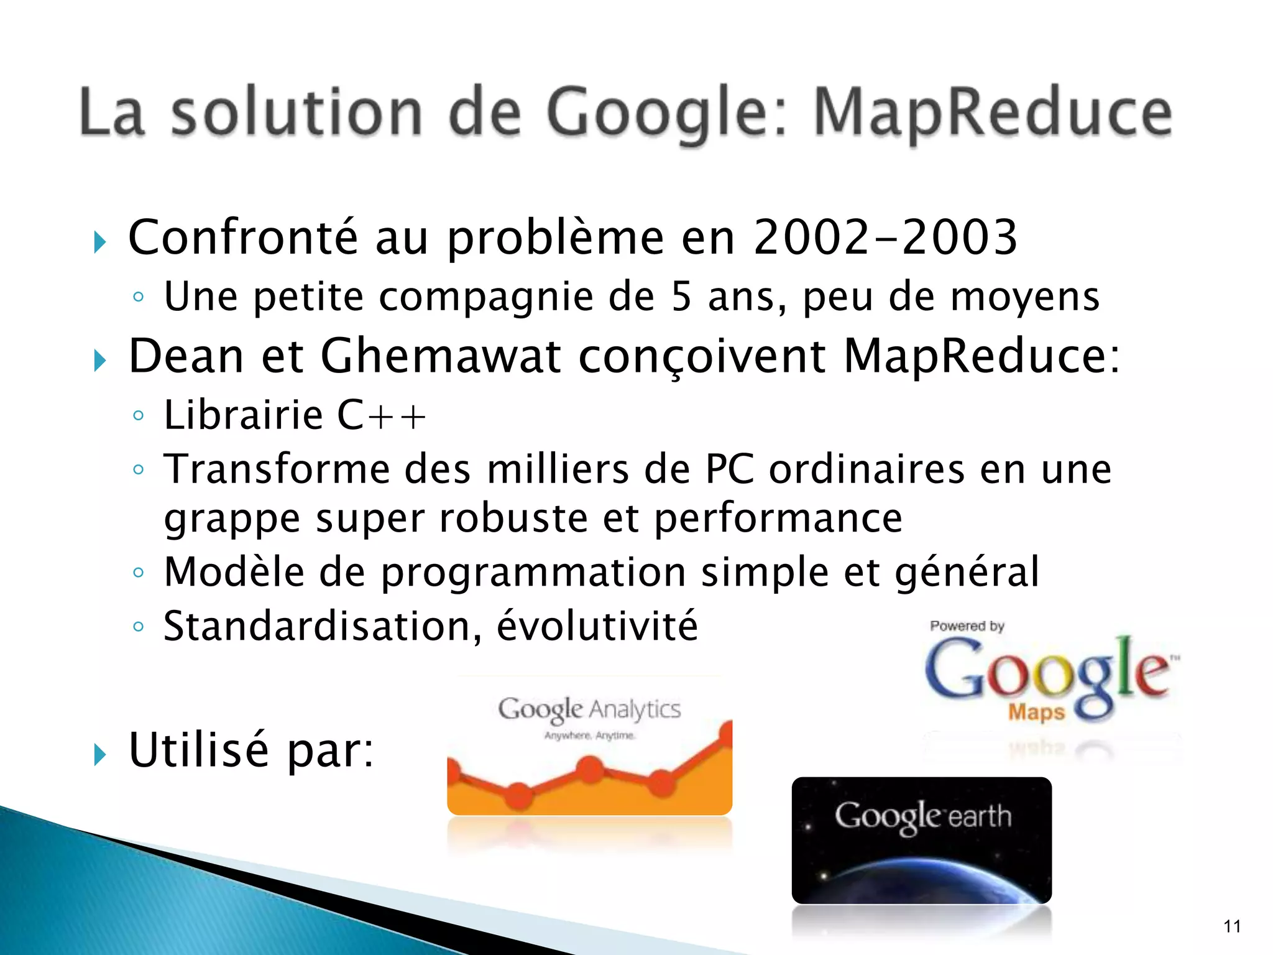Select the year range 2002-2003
coord(885,238)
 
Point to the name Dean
coord(186,356)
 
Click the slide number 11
coord(1232,926)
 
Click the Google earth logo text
coord(922,817)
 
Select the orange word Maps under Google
coord(1036,712)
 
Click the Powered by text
coord(967,626)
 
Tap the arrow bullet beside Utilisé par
coord(100,755)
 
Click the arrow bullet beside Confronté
coord(100,242)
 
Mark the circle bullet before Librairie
coord(139,415)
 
